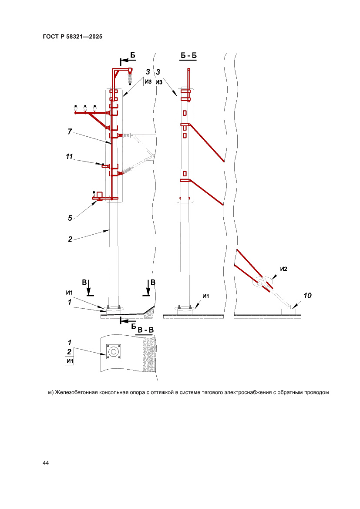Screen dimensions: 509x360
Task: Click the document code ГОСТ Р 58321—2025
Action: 73,37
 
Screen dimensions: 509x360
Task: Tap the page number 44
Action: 46,462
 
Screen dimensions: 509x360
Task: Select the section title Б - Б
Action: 188,56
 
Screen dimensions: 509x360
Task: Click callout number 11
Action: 69,157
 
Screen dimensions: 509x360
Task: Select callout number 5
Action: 70,218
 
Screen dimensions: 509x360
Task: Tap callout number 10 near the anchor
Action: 307,296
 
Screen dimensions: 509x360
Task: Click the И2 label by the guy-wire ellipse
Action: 283,269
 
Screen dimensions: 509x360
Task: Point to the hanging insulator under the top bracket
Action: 130,78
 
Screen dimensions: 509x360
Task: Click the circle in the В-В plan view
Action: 114,351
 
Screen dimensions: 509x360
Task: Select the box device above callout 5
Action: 99,194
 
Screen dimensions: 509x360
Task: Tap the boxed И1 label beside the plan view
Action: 69,361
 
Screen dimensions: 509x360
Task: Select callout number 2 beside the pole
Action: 70,239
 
